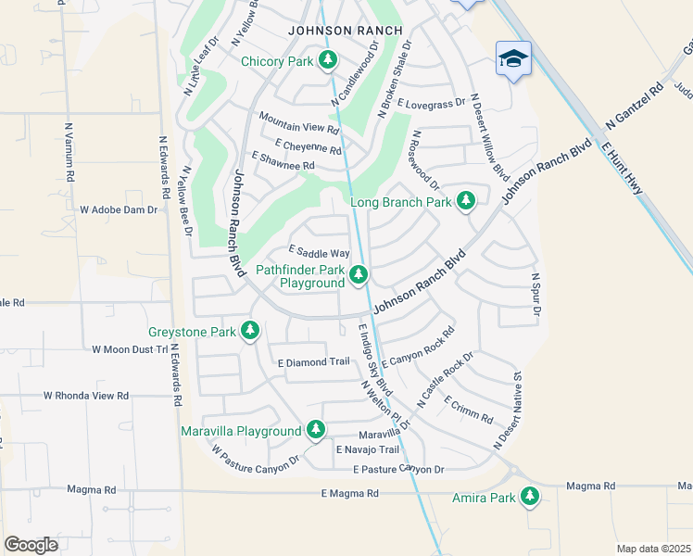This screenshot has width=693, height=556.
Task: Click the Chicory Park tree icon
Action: click(327, 61)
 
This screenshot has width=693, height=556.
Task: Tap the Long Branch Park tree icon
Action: click(466, 201)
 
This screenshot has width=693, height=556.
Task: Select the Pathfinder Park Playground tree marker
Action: click(359, 275)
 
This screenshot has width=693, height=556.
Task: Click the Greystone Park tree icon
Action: click(249, 331)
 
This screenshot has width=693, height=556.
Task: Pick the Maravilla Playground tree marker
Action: click(316, 430)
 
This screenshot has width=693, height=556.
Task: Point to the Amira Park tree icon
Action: click(530, 498)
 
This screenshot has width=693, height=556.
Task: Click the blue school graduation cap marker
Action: click(513, 58)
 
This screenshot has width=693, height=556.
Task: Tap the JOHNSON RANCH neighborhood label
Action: click(346, 31)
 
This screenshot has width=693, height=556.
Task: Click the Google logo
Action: click(31, 545)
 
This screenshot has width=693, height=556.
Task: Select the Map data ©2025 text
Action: click(653, 549)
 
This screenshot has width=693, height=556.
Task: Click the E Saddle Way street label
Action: click(319, 252)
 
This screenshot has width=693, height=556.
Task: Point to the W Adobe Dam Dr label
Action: click(119, 210)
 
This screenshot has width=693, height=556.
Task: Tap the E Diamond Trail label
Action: click(313, 361)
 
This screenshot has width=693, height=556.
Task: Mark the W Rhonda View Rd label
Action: click(86, 396)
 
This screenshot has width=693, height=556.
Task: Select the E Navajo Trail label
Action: click(368, 449)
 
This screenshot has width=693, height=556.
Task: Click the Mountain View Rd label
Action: click(299, 120)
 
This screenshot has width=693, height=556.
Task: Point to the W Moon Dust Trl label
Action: click(130, 349)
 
